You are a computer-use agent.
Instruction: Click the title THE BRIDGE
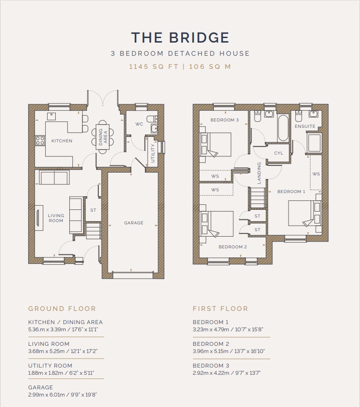click(180, 37)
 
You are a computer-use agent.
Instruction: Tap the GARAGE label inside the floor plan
click(134, 223)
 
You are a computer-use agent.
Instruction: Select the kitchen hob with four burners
click(40, 141)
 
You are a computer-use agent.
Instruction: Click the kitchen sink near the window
click(51, 116)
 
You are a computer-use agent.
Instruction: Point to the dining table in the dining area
click(103, 137)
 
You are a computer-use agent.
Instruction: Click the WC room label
click(139, 124)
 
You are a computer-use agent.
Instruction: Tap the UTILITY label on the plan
click(153, 153)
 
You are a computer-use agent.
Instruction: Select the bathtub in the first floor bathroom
click(283, 128)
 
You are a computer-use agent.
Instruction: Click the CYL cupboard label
click(278, 153)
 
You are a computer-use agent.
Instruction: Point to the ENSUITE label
click(305, 126)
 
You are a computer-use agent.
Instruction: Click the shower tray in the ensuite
click(314, 143)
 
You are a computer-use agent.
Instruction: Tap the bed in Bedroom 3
click(215, 144)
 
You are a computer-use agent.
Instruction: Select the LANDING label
click(259, 173)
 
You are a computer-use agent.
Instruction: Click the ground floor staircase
click(93, 231)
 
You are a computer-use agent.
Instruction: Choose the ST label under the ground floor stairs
click(93, 210)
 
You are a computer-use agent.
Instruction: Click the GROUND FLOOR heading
click(62, 309)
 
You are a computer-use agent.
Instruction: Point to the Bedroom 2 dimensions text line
click(229, 351)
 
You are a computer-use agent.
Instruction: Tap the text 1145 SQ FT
click(154, 67)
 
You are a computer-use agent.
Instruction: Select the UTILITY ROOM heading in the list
click(50, 366)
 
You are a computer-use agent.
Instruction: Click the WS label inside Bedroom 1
click(316, 174)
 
